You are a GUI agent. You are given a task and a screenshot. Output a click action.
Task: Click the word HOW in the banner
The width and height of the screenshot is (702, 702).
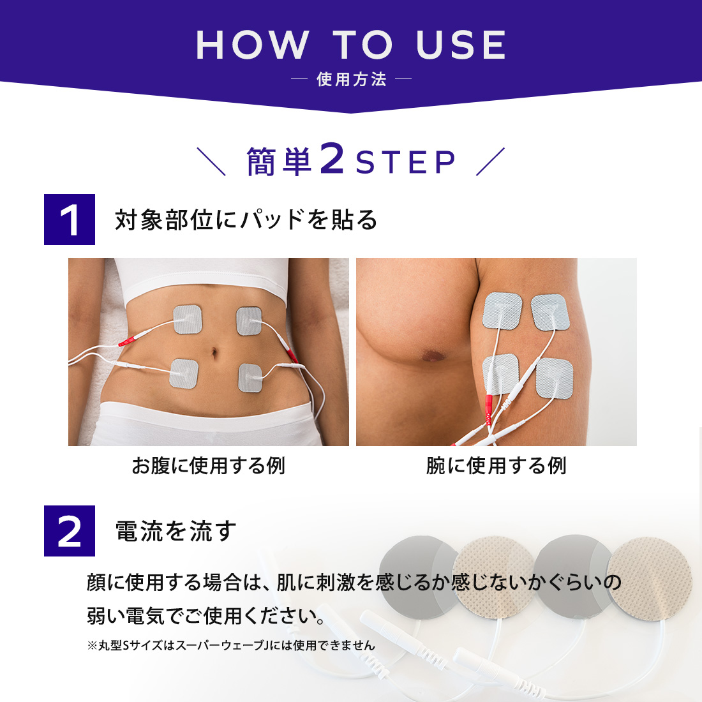(253, 45)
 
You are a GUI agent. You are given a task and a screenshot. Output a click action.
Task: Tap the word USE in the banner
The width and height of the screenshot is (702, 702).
(461, 45)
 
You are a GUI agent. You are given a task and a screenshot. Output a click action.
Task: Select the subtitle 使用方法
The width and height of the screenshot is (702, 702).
(352, 79)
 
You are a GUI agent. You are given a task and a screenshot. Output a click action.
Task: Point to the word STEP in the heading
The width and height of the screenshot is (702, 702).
(406, 162)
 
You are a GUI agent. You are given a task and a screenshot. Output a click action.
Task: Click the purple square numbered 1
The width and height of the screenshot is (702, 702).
(70, 220)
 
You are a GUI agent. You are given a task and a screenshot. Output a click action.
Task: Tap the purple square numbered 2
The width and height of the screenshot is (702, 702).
(70, 531)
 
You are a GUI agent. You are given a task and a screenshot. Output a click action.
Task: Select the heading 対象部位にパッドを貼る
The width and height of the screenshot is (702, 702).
(246, 220)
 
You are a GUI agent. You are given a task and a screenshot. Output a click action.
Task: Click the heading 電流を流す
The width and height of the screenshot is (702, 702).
(175, 531)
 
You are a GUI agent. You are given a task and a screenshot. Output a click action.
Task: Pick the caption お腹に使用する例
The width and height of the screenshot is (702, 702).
(209, 466)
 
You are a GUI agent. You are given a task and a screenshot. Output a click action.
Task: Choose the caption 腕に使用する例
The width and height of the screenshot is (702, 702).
(496, 466)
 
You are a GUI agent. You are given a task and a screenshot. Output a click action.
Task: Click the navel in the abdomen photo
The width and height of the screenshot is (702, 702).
(214, 354)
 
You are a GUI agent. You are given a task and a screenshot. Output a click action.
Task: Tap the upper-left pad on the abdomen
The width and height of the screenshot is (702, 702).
(188, 319)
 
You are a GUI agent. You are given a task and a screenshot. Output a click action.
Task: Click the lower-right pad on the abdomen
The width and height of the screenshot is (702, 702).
(250, 377)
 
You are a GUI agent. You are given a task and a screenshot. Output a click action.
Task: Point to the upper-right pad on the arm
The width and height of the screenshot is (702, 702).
(550, 312)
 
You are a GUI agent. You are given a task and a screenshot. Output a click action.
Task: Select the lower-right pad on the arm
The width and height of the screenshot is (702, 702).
(555, 378)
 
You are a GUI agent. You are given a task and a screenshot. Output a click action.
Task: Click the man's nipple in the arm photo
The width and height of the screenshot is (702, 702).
(433, 355)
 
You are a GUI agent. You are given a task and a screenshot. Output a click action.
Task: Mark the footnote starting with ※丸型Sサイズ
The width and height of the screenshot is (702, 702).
(231, 645)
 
